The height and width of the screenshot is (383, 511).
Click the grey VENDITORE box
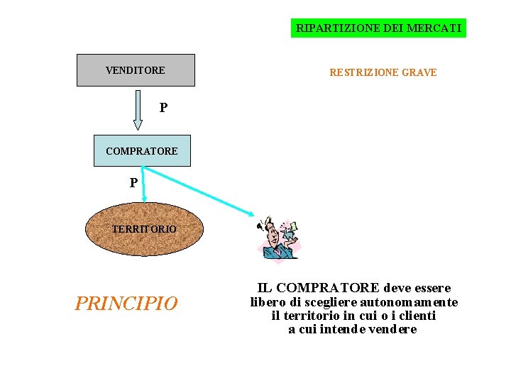pyautogui.click(x=136, y=70)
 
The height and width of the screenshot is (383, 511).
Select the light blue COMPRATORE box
pyautogui.click(x=142, y=150)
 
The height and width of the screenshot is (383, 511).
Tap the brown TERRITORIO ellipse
pyautogui.click(x=144, y=229)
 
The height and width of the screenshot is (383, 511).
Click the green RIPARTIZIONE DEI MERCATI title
pyautogui.click(x=378, y=28)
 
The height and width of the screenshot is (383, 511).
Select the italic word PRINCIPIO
pyautogui.click(x=126, y=304)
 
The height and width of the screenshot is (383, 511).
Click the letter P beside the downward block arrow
pyautogui.click(x=164, y=108)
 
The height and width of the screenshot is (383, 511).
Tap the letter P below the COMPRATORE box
pyautogui.click(x=134, y=183)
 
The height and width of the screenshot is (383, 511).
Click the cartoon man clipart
pyautogui.click(x=278, y=238)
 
